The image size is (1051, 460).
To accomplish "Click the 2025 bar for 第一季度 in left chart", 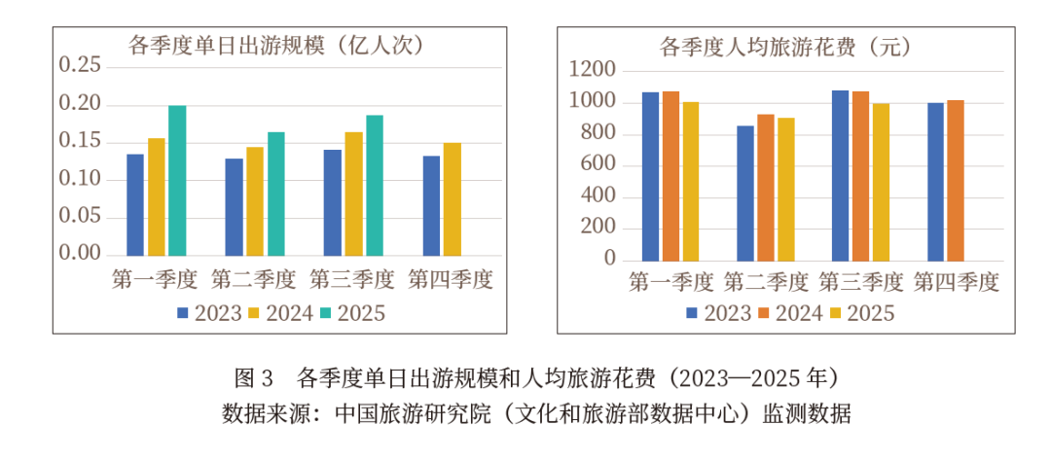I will point(177,180).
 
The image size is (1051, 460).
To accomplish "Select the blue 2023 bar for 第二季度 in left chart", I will point(234,206).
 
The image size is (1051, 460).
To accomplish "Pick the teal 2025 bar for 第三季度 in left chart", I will point(375,185).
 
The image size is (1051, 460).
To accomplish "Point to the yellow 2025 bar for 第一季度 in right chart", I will point(691,181).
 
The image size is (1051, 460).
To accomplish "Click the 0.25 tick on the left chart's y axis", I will point(80,65).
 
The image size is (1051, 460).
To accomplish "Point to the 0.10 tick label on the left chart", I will point(80,179).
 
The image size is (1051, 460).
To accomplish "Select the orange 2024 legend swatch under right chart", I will point(766,313).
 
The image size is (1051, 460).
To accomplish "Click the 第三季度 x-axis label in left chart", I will point(352,281).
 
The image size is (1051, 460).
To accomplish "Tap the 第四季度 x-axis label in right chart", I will point(957,283).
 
